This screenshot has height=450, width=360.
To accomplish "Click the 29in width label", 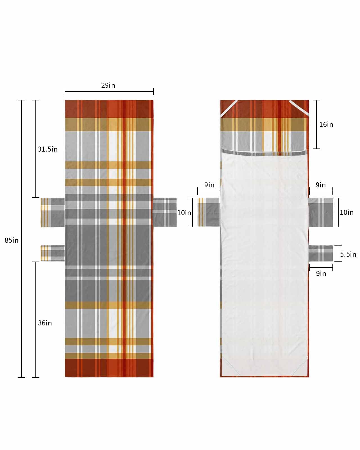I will [x=108, y=85].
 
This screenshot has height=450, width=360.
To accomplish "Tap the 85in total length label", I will [x=12, y=240].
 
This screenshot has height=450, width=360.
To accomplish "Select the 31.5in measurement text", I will [x=48, y=149].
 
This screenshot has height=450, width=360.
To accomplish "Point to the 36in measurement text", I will [x=45, y=323].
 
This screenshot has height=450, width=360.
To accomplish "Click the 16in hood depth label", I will [x=326, y=124].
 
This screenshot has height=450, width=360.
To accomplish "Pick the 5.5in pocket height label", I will [x=348, y=254].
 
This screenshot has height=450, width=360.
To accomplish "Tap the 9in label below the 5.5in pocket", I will [x=321, y=273].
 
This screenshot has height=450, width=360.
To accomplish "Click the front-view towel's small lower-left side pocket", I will [x=53, y=253].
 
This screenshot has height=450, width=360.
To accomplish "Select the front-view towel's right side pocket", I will [x=165, y=212].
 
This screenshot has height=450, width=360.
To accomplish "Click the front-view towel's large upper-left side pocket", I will [x=53, y=212].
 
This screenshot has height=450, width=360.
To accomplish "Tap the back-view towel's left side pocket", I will [x=208, y=212].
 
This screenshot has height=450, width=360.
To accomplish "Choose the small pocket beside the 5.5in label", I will [x=321, y=253].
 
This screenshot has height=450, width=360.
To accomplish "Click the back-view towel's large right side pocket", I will [x=321, y=212].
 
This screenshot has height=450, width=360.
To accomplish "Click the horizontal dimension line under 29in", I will [x=109, y=91].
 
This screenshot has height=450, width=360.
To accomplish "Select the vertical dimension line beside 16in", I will [x=316, y=124].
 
